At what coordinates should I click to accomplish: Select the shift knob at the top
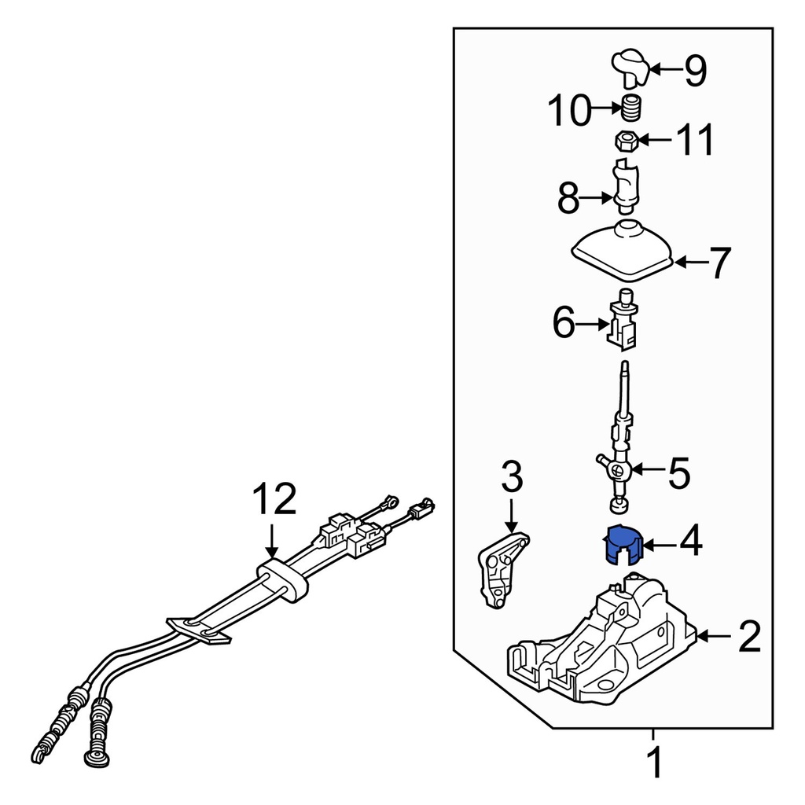pos(630,66)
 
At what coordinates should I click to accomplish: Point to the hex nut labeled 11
pos(625,142)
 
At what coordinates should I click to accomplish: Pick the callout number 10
pos(569,111)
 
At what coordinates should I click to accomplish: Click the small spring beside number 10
pos(633,107)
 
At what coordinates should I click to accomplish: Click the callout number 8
pos(569,200)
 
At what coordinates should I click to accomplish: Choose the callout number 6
pos(564,323)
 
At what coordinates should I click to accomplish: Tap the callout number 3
pos(511,476)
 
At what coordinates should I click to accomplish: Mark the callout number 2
pos(748,637)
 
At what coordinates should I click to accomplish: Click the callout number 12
pos(274,500)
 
